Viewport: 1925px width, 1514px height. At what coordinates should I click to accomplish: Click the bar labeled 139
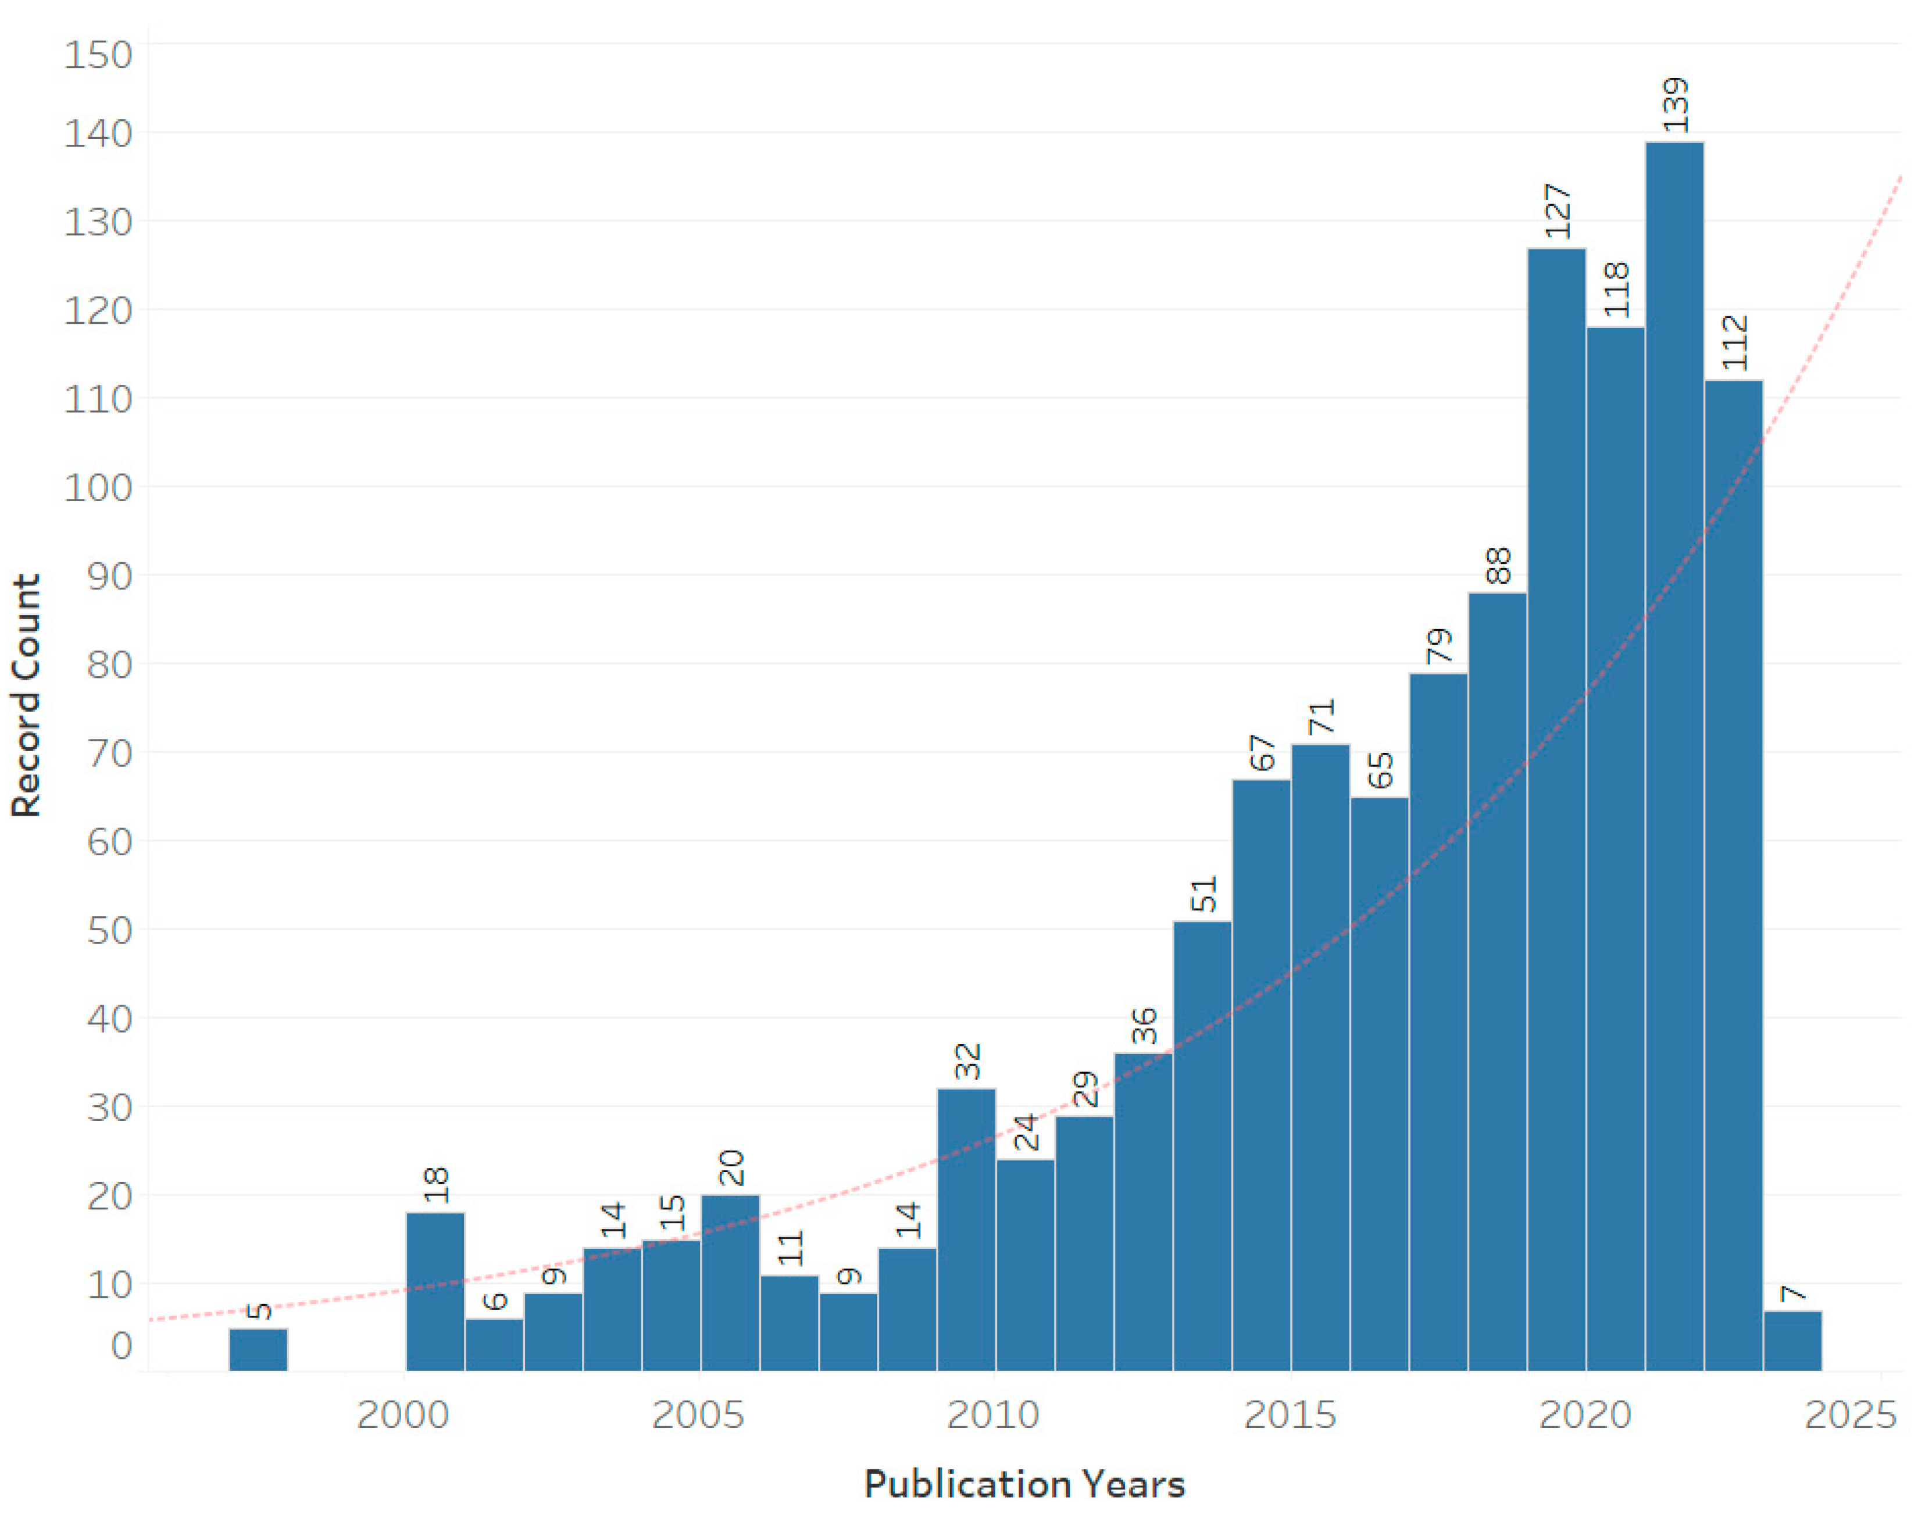point(1674,754)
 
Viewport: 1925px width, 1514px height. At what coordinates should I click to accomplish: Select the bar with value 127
point(1556,806)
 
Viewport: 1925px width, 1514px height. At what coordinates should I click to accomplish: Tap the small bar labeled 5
point(258,1348)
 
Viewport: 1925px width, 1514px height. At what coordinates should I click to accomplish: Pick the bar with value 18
point(435,1291)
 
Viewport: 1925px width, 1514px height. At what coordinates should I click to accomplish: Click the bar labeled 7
point(1792,1340)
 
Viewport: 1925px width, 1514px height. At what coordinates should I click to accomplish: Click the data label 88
point(1498,566)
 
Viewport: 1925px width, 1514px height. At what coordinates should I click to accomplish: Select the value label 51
point(1203,894)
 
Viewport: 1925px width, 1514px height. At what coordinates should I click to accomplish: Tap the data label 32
point(967,1061)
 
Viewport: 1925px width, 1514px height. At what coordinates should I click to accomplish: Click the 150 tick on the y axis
point(98,55)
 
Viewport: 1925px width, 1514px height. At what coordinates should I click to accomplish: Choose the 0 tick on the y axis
point(122,1345)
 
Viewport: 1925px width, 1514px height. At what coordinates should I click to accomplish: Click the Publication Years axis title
point(1024,1484)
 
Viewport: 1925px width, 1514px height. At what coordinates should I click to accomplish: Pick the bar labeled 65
point(1379,1081)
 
